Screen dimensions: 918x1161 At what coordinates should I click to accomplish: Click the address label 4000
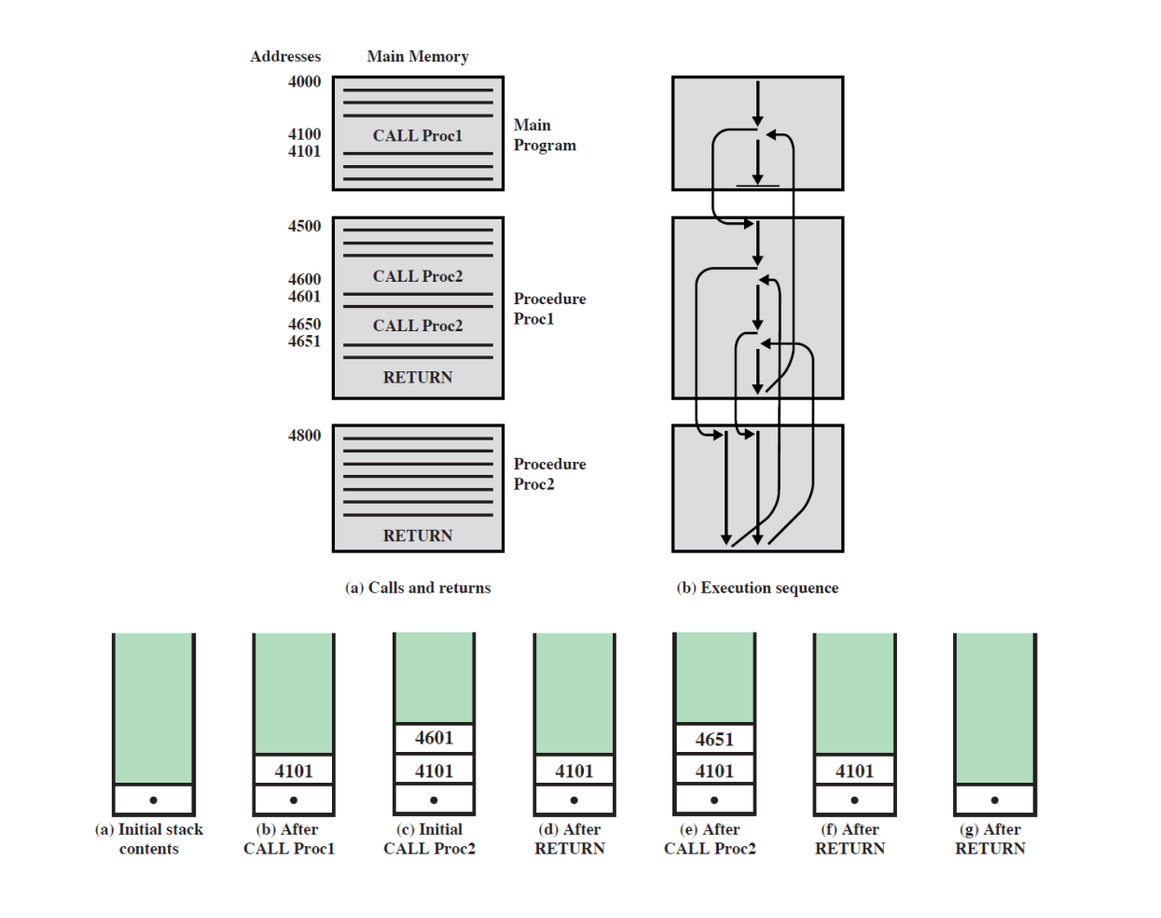pyautogui.click(x=304, y=82)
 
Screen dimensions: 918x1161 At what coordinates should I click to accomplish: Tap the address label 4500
pyautogui.click(x=304, y=227)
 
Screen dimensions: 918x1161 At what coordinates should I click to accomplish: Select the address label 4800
pyautogui.click(x=304, y=436)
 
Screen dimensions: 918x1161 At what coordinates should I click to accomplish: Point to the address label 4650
pyautogui.click(x=304, y=325)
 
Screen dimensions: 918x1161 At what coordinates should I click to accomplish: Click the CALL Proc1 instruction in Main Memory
pyautogui.click(x=418, y=136)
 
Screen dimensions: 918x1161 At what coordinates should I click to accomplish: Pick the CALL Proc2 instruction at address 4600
pyautogui.click(x=418, y=277)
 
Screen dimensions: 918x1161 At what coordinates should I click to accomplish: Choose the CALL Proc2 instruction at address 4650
pyautogui.click(x=418, y=327)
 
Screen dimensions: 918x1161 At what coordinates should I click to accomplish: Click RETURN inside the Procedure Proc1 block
pyautogui.click(x=418, y=378)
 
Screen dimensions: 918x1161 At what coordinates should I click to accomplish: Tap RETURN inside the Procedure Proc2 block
pyautogui.click(x=418, y=536)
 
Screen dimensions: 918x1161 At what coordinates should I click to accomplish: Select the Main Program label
pyautogui.click(x=545, y=135)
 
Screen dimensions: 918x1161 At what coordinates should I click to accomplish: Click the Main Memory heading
pyautogui.click(x=418, y=57)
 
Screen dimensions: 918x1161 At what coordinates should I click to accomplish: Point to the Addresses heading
pyautogui.click(x=285, y=57)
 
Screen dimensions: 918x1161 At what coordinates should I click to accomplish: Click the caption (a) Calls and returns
pyautogui.click(x=418, y=588)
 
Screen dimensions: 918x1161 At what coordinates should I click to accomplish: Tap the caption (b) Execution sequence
pyautogui.click(x=757, y=588)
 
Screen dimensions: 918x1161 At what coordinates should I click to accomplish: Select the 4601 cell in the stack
pyautogui.click(x=435, y=738)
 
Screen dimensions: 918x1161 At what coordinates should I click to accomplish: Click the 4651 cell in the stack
pyautogui.click(x=714, y=740)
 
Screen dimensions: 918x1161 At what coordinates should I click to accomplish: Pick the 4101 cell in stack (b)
pyautogui.click(x=294, y=772)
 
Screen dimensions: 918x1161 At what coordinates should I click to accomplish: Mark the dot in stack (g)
pyautogui.click(x=995, y=800)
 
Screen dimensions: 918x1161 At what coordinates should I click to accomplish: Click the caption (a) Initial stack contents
pyautogui.click(x=149, y=840)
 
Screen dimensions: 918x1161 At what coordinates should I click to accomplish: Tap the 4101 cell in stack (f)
pyautogui.click(x=855, y=772)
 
